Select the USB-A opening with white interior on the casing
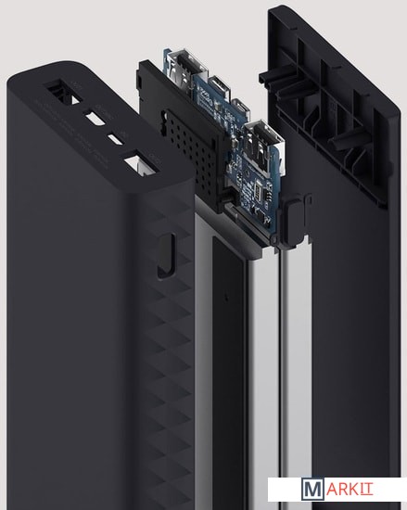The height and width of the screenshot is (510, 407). (140, 161)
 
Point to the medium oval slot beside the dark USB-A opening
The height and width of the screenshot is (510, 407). (95, 119)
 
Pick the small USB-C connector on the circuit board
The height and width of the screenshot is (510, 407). (240, 108)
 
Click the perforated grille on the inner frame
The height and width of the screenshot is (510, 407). (192, 153)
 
